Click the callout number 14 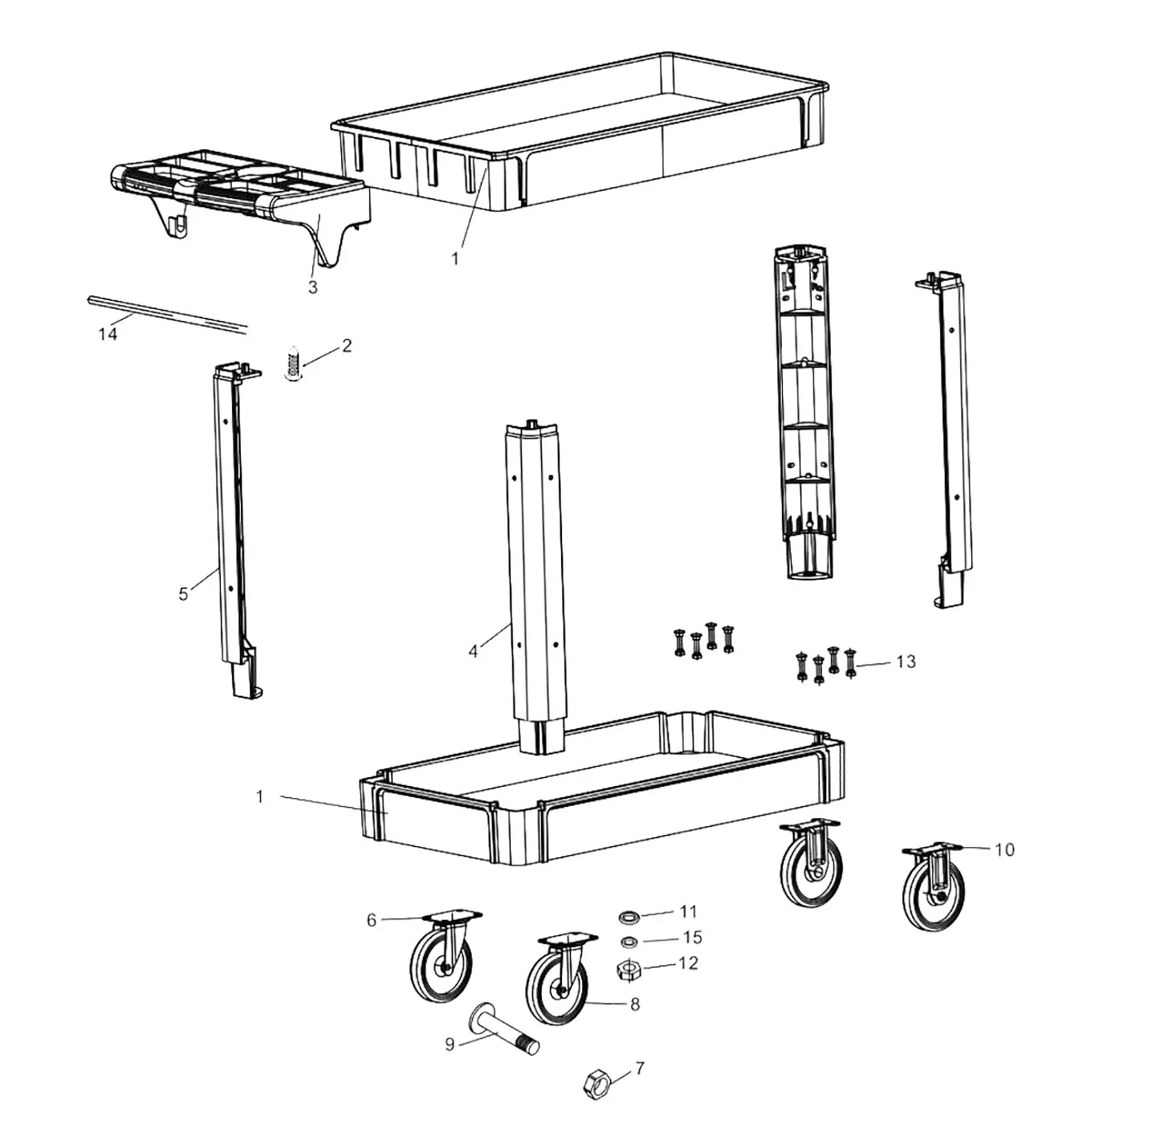pos(108,334)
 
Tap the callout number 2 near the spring pos(347,346)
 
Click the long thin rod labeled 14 pos(166,312)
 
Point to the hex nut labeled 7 pos(597,1083)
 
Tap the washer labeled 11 pos(629,916)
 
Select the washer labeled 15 pos(629,941)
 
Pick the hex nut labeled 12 pos(628,969)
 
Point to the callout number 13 pos(906,662)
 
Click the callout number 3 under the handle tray pos(313,287)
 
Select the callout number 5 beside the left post pos(183,594)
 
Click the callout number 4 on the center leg pos(473,652)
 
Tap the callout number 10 pos(1004,849)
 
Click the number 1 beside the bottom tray pos(259,796)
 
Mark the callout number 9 pos(450,1044)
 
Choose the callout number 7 pos(640,1069)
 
